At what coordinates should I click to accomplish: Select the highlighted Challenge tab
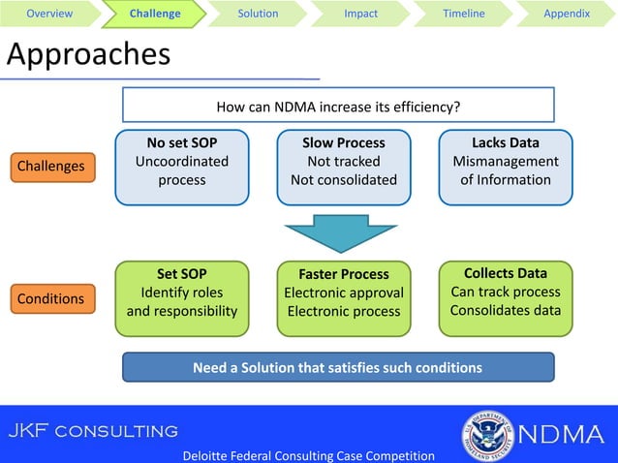155,14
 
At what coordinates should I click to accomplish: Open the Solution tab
258,14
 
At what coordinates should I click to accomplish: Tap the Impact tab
361,14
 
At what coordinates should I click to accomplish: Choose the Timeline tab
464,14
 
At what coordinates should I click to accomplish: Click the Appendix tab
567,14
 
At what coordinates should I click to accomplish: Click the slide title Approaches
88,55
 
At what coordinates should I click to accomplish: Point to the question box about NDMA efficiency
338,106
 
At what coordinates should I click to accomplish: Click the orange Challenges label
51,167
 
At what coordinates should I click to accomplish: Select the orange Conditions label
51,298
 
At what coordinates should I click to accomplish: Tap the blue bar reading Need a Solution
338,367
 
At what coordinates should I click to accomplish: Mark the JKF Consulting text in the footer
94,430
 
